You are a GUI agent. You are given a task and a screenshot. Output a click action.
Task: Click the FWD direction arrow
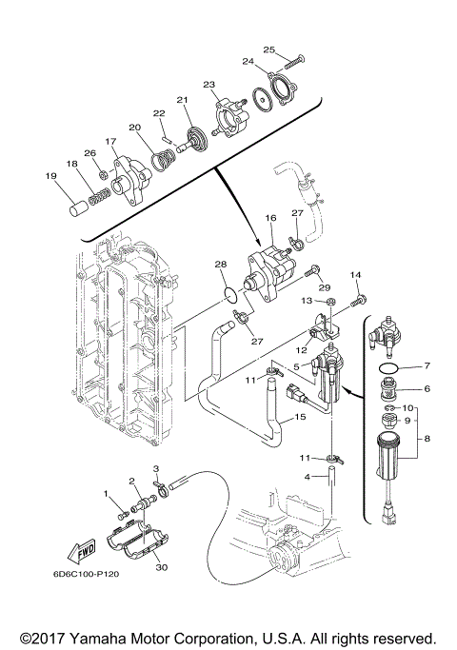(x=81, y=550)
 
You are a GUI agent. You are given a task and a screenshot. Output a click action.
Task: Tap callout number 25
(x=269, y=49)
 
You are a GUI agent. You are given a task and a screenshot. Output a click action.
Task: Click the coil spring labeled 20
(x=162, y=161)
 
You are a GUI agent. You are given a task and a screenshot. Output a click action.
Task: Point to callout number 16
(x=270, y=218)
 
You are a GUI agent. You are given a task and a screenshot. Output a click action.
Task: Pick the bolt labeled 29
(x=310, y=271)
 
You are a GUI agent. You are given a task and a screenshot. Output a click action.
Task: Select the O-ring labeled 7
(x=388, y=367)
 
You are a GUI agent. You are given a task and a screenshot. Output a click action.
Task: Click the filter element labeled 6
(x=388, y=389)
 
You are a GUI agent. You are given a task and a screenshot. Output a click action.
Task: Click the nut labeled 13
(x=331, y=300)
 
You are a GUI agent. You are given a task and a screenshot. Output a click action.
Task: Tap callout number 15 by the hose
(x=300, y=417)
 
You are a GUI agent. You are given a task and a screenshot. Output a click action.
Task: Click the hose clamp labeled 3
(x=162, y=488)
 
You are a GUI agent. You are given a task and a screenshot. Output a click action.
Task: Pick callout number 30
(x=161, y=566)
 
